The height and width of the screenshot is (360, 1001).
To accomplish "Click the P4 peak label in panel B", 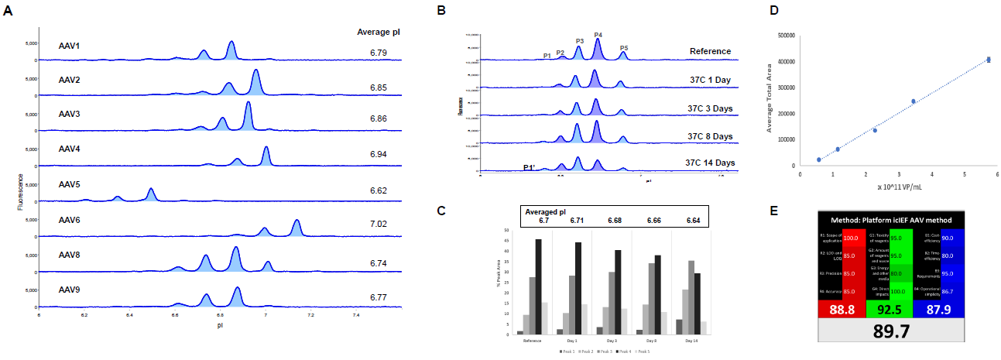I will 598,35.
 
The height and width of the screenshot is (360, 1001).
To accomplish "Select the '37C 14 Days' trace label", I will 709,163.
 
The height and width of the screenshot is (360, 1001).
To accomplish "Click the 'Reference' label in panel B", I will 710,52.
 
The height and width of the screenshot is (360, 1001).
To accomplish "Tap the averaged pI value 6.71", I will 576,221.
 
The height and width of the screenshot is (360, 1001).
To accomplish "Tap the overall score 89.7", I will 890,335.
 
